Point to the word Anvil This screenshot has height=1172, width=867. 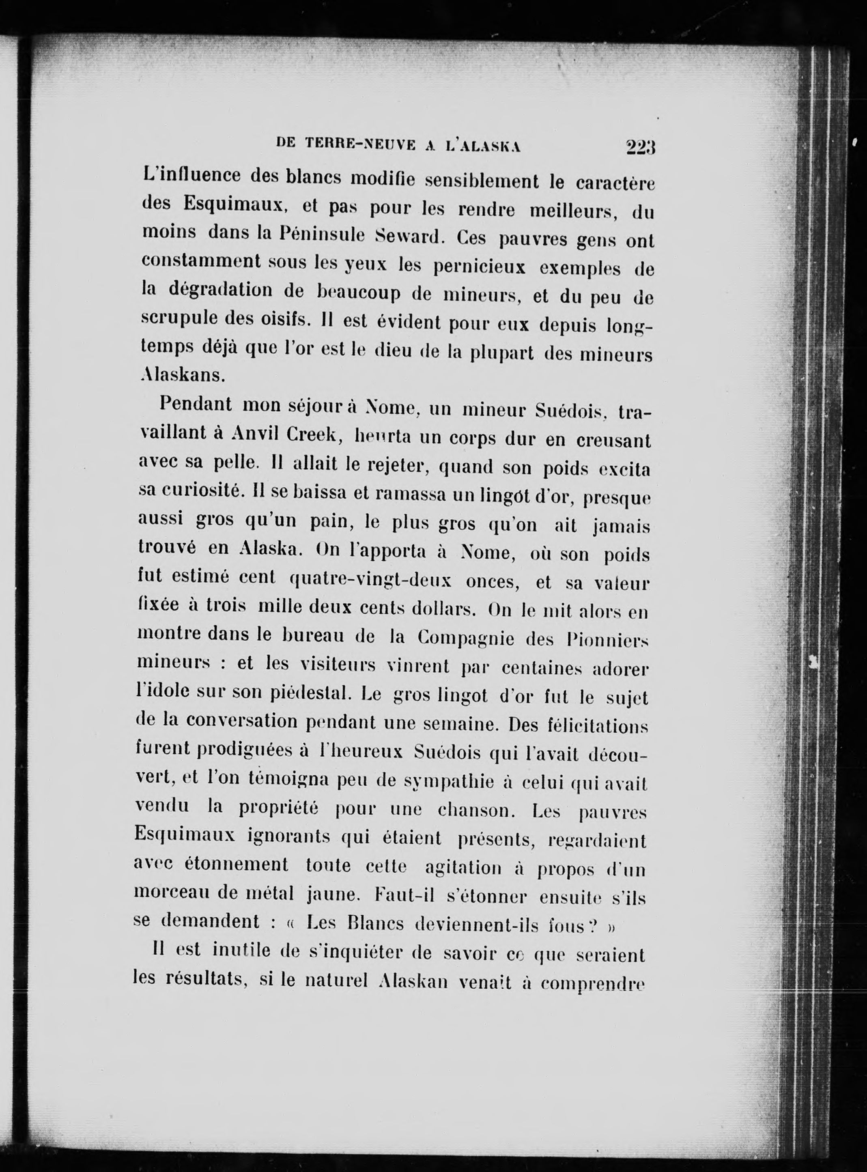pyautogui.click(x=258, y=434)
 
